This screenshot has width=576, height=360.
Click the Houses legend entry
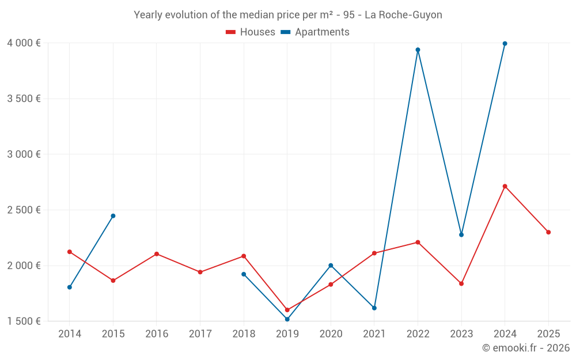tap(251, 32)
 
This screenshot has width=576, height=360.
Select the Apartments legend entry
tap(315, 32)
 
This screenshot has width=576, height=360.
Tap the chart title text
tap(288, 15)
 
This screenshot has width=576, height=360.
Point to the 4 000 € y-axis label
tap(24, 43)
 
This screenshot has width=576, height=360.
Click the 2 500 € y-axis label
tap(24, 210)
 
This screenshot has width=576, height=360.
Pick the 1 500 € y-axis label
tap(24, 321)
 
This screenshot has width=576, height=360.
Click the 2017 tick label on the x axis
tap(200, 334)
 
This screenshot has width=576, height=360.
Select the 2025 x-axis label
tap(548, 334)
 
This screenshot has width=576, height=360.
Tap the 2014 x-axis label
tap(70, 334)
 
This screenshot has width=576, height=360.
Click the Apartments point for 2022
tap(418, 50)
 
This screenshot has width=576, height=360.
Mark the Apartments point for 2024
tap(505, 43)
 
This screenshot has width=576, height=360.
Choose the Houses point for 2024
tap(505, 186)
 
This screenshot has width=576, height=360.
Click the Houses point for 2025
tap(548, 232)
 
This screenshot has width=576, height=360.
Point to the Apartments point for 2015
tap(113, 216)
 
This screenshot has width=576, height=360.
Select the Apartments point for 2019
tap(287, 319)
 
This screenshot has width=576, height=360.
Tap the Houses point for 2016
tap(157, 254)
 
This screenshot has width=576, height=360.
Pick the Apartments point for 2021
tap(374, 308)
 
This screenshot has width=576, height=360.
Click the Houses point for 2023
tap(461, 283)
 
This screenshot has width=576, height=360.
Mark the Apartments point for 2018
tap(244, 274)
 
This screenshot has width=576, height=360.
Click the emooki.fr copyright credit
tap(526, 348)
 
